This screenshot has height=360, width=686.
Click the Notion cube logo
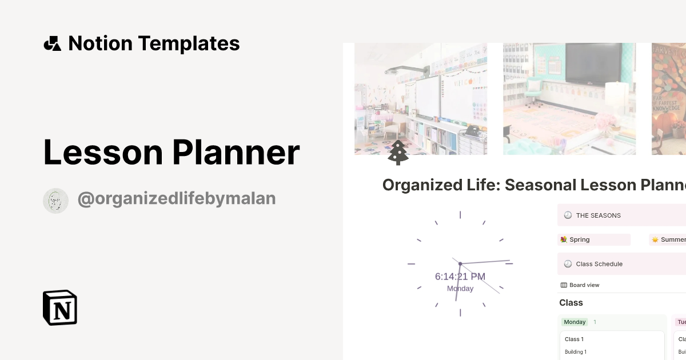(x=60, y=307)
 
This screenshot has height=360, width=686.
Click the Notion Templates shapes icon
(x=52, y=43)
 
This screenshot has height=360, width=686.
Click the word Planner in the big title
(x=236, y=153)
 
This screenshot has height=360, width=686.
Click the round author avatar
(x=55, y=201)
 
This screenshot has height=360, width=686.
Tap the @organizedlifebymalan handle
(x=176, y=198)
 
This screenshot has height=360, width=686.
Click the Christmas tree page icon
(x=398, y=153)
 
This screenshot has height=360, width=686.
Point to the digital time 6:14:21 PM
(x=460, y=277)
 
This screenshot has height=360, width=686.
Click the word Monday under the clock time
(x=460, y=289)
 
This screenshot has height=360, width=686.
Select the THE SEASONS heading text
(x=598, y=215)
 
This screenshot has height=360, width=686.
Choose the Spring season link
(x=579, y=239)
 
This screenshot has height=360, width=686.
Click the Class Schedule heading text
(x=599, y=264)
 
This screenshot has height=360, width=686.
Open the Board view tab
(x=584, y=285)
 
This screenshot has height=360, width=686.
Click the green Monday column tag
(x=575, y=322)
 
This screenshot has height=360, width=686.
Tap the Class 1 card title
(x=574, y=339)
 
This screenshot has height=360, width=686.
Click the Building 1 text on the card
(x=576, y=352)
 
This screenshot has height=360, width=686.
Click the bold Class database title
(x=571, y=303)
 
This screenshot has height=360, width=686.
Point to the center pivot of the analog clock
(x=460, y=263)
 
